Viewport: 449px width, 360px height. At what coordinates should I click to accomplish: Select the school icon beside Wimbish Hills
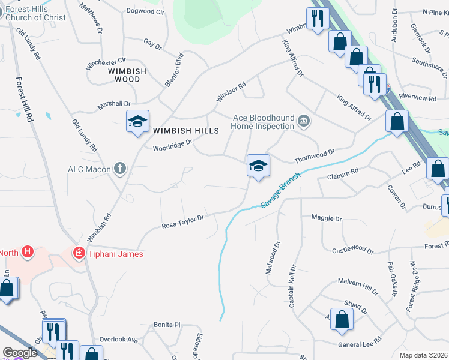coord(137,122)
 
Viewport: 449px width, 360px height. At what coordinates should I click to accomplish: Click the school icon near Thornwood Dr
coord(258,166)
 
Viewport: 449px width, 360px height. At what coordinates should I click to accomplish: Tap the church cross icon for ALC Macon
coord(120,169)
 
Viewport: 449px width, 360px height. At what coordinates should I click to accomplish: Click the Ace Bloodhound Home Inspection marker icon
coord(304,121)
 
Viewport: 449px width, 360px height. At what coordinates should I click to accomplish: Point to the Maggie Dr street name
coord(326,218)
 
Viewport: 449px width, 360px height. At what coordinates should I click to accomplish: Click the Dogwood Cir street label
coord(145,11)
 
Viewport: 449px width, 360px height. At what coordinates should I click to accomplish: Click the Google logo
coord(20,353)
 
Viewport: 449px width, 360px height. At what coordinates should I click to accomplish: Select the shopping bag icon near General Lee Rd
coord(342,322)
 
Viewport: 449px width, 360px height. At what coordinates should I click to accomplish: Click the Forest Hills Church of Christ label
coord(36,13)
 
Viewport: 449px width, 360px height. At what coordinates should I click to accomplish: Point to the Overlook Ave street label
coord(119,340)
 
